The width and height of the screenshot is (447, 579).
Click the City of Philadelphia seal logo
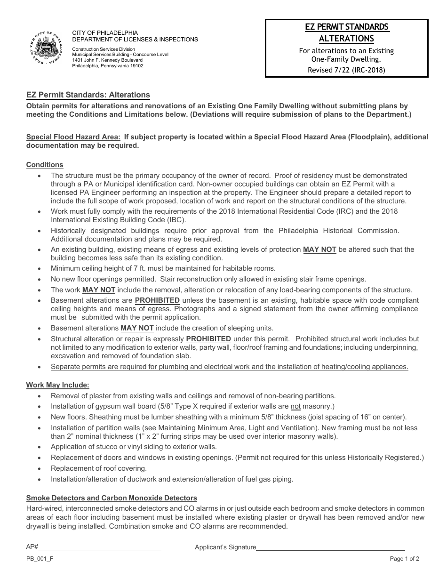[47, 48]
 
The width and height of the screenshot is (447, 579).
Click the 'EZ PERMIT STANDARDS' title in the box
[346, 27]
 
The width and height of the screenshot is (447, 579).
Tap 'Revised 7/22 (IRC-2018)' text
[346, 70]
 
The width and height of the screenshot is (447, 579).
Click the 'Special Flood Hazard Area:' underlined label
[73, 137]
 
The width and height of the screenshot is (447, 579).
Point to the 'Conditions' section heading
[45, 165]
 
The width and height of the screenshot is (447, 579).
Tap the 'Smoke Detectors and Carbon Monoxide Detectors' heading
[112, 498]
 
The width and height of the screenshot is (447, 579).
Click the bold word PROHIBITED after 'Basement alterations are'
[157, 300]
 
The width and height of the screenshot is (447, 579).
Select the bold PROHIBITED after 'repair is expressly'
[208, 339]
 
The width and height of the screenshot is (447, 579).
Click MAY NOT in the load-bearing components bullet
[99, 290]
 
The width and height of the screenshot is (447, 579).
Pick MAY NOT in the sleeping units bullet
[137, 328]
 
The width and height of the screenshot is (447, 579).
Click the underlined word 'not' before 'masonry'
[295, 406]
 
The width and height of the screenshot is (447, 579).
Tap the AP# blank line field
[100, 547]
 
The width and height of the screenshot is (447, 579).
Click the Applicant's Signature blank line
[330, 547]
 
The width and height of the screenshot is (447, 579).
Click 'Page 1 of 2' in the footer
[404, 559]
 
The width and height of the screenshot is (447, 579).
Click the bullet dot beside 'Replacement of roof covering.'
[39, 469]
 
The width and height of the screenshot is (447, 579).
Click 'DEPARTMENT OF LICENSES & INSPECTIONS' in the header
[135, 40]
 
